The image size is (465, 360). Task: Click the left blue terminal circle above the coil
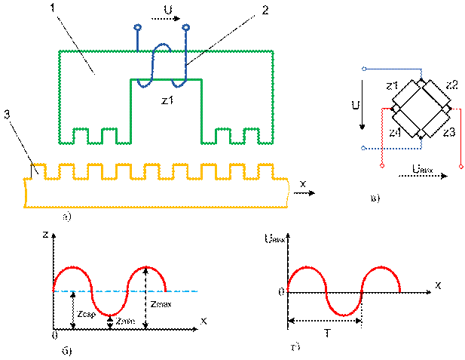137,27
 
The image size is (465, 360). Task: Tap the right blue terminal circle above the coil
186,27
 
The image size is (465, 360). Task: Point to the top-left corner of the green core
60,51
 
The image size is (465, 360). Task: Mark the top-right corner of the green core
272,51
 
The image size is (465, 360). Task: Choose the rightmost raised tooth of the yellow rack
265,169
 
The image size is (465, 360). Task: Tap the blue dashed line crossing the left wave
181,291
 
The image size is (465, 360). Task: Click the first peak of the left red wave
72,267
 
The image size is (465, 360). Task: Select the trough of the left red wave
109,315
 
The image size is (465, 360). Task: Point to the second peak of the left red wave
146,267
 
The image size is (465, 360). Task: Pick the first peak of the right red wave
307,267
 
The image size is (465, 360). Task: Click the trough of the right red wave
344,315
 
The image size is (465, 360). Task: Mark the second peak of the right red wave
381,267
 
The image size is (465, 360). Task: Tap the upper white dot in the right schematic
364,69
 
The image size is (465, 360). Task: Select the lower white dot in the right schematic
363,148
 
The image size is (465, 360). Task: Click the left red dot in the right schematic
382,165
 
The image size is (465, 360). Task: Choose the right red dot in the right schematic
460,166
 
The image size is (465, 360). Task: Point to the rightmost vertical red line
460,136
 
